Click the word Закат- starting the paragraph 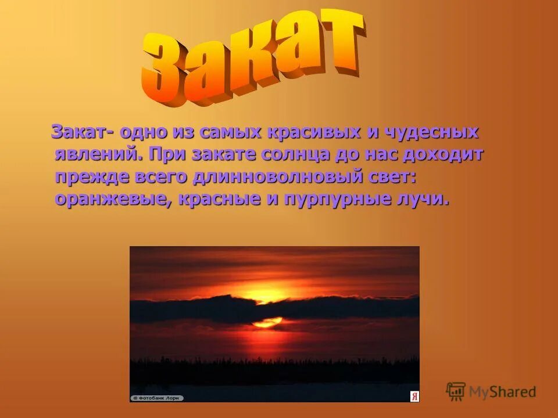click(82, 132)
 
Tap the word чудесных click(430, 132)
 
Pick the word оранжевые click(113, 199)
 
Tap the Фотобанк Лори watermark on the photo click(157, 398)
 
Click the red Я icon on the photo click(414, 397)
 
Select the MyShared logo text click(503, 392)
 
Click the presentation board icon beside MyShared click(456, 391)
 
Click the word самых click(230, 132)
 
